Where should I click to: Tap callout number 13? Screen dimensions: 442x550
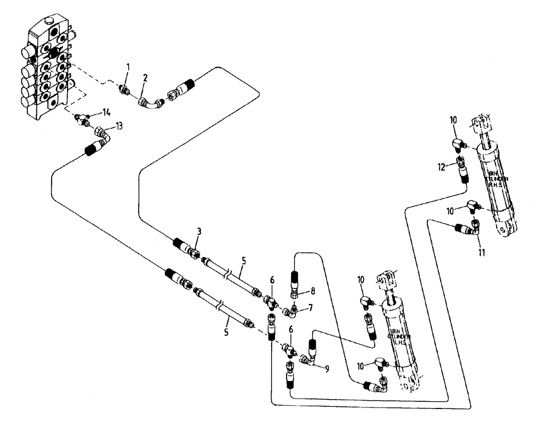coord(119,125)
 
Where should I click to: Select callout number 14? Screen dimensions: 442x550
coord(106,112)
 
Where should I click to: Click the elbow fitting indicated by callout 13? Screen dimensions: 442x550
coord(104,134)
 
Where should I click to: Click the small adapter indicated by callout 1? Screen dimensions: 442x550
coord(125,89)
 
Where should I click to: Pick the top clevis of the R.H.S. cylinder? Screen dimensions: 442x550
coord(482,123)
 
